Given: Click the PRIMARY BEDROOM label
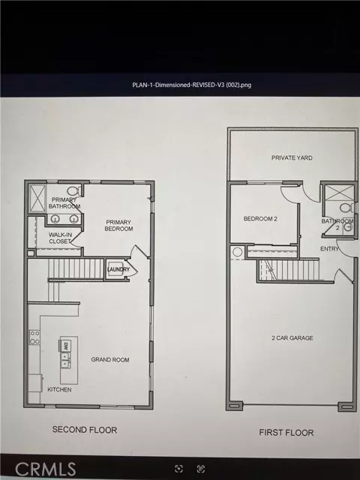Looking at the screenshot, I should click(x=118, y=225).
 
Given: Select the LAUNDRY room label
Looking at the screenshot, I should click(x=118, y=270).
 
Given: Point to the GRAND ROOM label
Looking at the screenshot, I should click(x=110, y=360).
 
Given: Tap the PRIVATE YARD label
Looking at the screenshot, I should click(x=292, y=158).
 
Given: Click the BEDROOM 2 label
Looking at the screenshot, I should click(x=260, y=219).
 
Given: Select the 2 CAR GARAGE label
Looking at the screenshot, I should click(x=292, y=338).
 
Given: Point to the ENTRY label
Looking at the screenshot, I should click(x=329, y=248).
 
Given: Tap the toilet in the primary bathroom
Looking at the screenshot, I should click(x=73, y=190).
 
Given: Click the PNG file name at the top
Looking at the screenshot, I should click(x=179, y=85).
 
